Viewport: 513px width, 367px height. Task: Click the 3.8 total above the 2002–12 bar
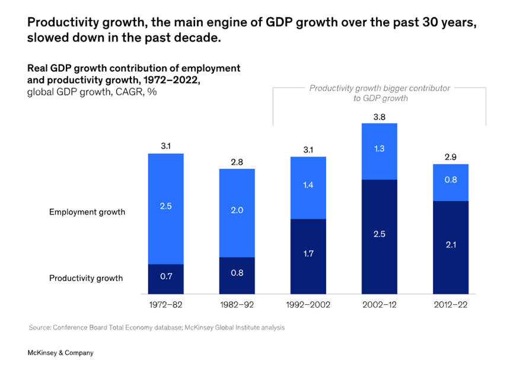click(x=379, y=117)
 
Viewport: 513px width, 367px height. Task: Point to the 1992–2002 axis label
click(x=308, y=305)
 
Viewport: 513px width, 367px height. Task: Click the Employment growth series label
click(x=87, y=212)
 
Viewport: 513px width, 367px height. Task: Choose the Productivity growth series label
click(x=86, y=278)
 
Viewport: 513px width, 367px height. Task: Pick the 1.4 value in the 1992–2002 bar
click(x=308, y=185)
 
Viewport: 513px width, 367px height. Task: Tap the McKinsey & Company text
click(x=60, y=353)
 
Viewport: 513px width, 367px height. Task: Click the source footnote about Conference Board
click(x=157, y=327)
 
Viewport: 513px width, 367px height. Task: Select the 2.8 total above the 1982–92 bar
click(x=237, y=162)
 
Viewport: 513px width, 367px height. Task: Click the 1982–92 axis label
click(x=237, y=305)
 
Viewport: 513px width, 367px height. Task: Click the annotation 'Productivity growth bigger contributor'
click(x=380, y=88)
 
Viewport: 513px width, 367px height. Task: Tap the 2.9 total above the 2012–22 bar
click(x=450, y=157)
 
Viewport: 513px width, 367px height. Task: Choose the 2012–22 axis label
click(x=450, y=305)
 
